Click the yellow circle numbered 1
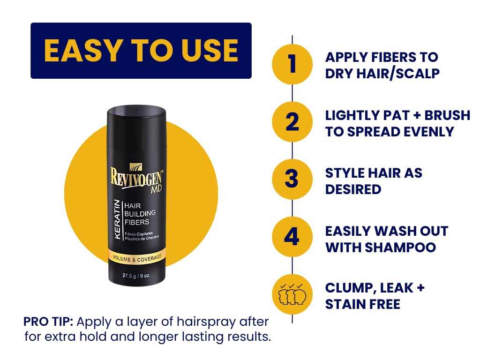(292, 64)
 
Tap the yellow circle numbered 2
(292, 122)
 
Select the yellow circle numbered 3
(292, 180)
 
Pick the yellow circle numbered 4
(292, 237)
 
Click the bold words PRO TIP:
(48, 322)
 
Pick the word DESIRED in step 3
(353, 189)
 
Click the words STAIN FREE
(363, 304)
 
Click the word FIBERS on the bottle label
(137, 222)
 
